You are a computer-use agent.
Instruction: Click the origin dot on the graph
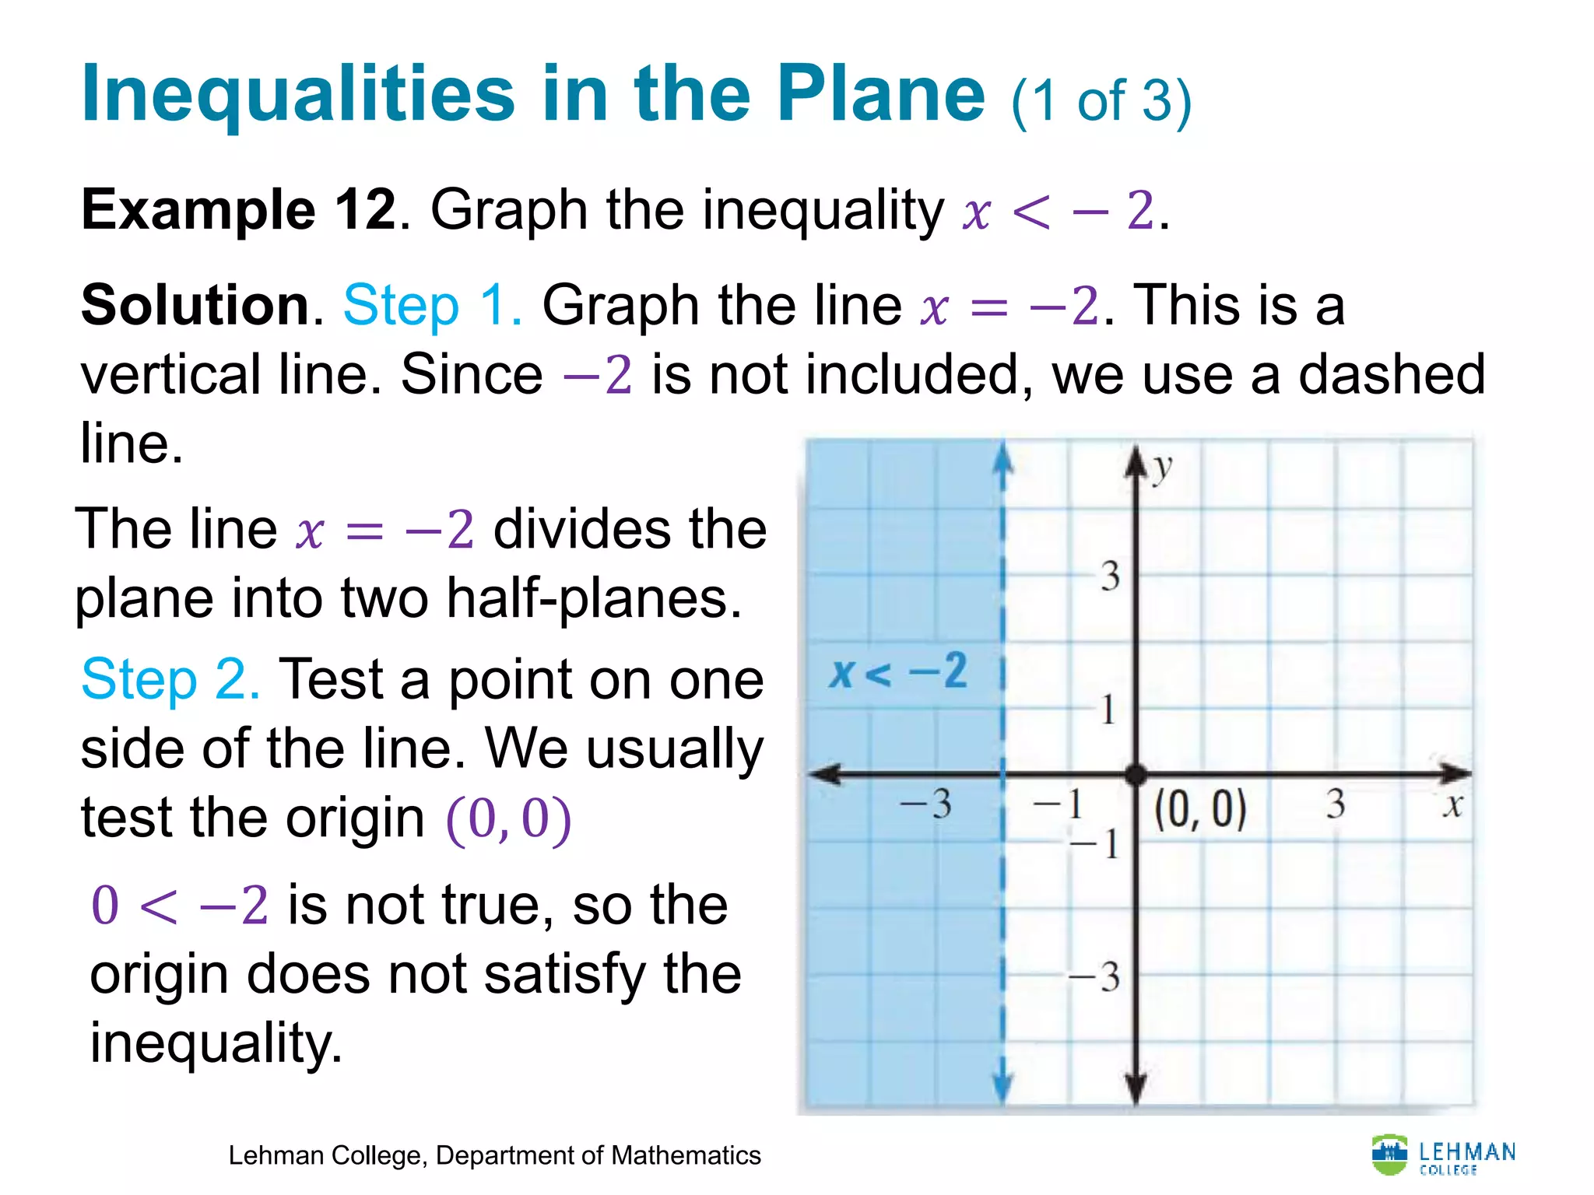pyautogui.click(x=1136, y=774)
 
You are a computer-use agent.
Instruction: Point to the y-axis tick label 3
pyautogui.click(x=1111, y=576)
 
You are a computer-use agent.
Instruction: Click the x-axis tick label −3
pyautogui.click(x=926, y=804)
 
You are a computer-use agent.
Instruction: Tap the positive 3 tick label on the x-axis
pyautogui.click(x=1336, y=804)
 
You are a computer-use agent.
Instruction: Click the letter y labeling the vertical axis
pyautogui.click(x=1161, y=468)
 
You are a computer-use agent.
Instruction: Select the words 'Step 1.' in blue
pyautogui.click(x=433, y=305)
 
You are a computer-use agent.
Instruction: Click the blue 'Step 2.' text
pyautogui.click(x=170, y=679)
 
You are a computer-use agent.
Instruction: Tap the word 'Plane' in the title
pyautogui.click(x=881, y=95)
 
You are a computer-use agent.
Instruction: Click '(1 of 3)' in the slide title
pyautogui.click(x=1101, y=101)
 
